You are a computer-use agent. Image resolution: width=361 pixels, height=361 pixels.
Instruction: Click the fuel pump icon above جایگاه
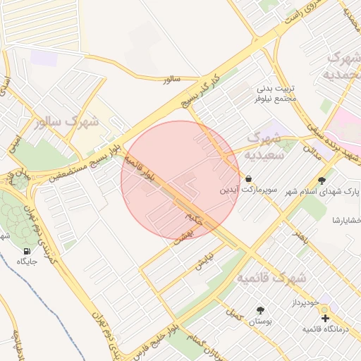(27, 251)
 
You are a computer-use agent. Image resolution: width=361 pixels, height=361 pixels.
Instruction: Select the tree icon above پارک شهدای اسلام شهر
(323, 180)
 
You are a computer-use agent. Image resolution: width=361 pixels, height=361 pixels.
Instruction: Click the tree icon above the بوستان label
(260, 310)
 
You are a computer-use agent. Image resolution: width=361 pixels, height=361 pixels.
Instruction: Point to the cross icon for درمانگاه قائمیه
(324, 318)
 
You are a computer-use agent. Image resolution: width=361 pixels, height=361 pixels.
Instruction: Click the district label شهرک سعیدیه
(266, 145)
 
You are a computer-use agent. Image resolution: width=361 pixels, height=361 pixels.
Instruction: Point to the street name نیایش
(204, 264)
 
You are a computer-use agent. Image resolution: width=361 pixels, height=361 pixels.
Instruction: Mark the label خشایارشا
(346, 221)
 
